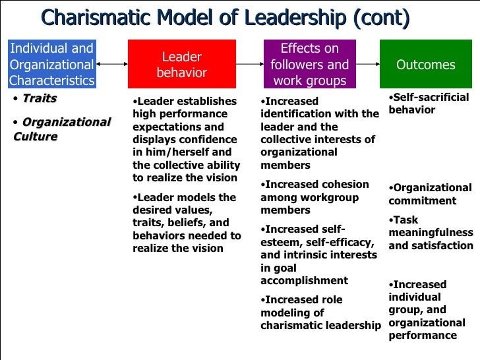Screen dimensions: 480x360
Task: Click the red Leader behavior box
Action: click(x=181, y=65)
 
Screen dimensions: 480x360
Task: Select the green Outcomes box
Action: click(x=425, y=65)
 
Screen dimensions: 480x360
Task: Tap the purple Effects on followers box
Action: click(x=309, y=65)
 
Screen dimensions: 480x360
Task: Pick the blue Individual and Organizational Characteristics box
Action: click(x=51, y=65)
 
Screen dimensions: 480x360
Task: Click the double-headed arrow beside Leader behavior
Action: click(x=111, y=65)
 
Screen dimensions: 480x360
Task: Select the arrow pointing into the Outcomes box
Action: click(x=368, y=65)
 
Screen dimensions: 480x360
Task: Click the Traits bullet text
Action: click(x=40, y=99)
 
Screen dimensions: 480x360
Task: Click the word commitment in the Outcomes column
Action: click(x=422, y=201)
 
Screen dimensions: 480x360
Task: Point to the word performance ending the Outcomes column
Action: click(x=423, y=335)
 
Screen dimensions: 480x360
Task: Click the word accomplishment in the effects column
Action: click(x=304, y=280)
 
